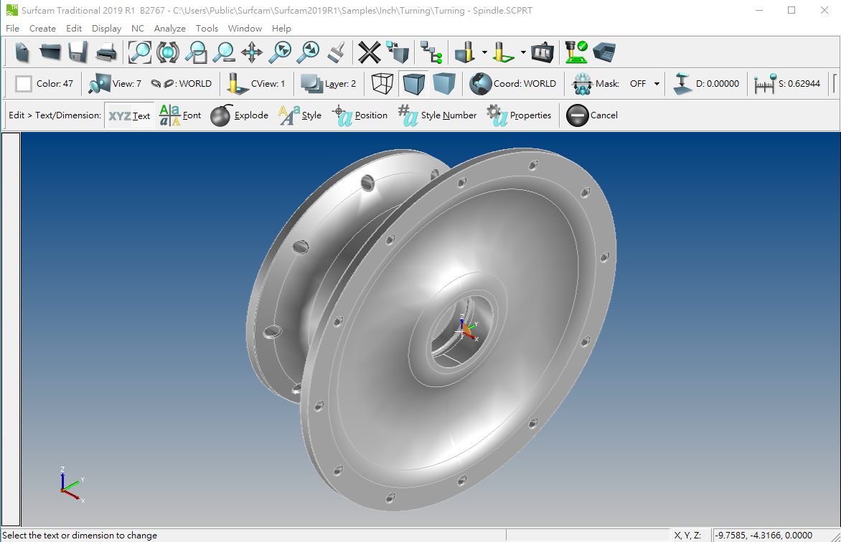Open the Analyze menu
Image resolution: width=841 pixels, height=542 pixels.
point(169,29)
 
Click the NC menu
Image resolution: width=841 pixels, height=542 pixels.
point(138,29)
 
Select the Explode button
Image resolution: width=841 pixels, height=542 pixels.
point(239,115)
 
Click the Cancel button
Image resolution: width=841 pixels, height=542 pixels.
point(592,115)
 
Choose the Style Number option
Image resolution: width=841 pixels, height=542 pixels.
point(437,115)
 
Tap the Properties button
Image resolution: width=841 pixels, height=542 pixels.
point(519,115)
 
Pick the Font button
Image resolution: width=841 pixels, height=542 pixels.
point(180,115)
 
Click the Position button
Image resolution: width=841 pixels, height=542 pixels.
point(360,115)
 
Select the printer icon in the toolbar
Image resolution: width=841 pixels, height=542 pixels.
point(106,52)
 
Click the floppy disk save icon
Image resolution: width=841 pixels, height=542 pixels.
point(78,52)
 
